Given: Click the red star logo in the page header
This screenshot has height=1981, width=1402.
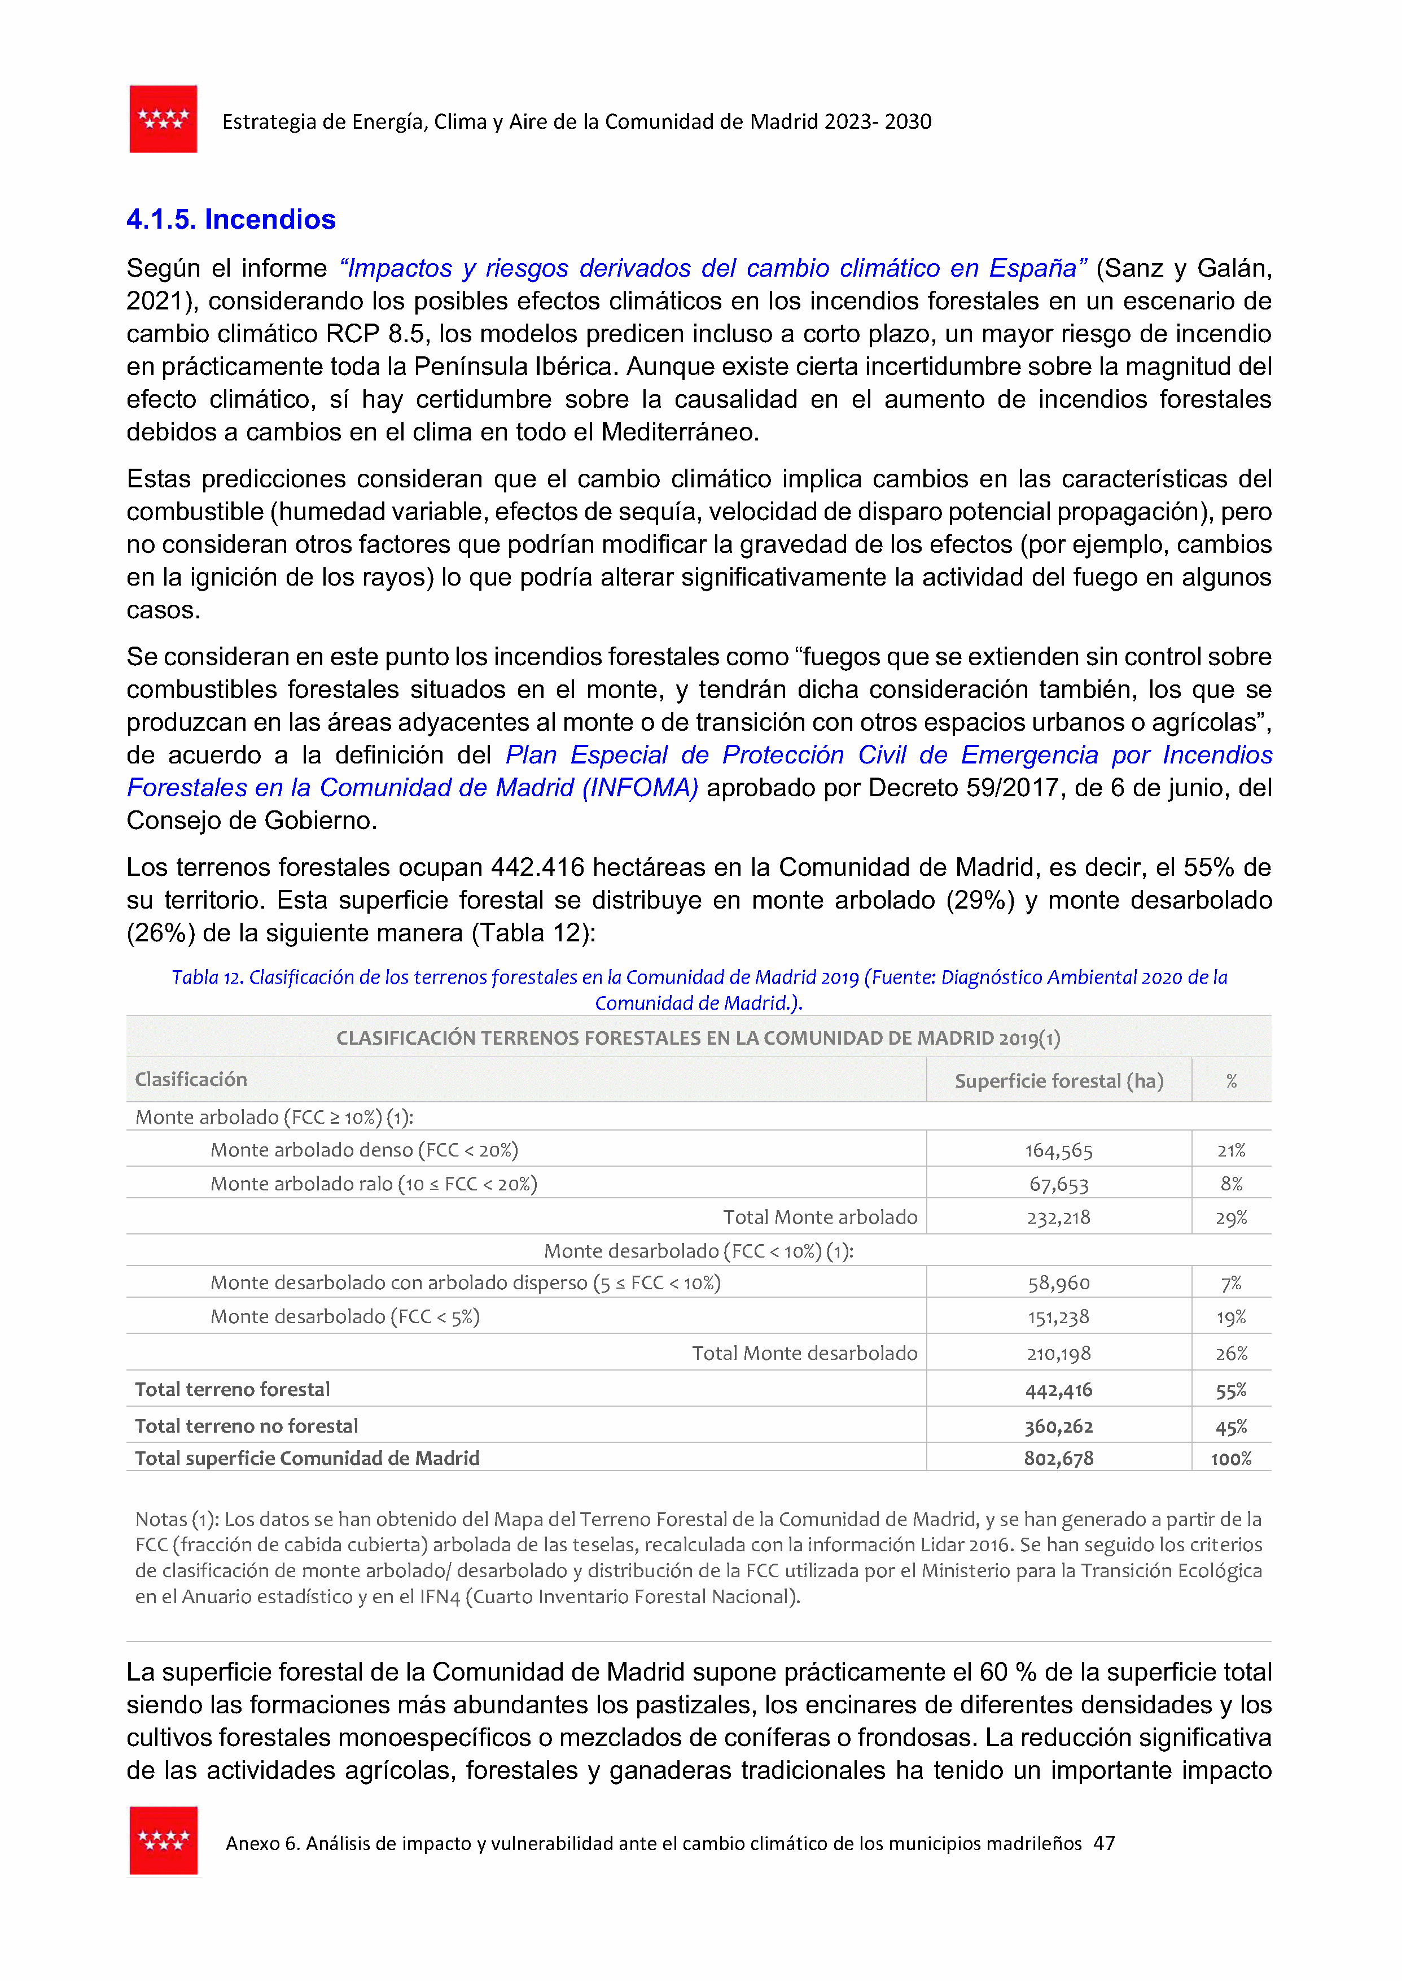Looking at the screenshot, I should click(x=163, y=119).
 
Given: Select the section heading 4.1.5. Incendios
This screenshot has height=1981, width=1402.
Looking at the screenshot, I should click(x=230, y=219).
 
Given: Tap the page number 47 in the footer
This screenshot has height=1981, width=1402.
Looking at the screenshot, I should click(x=1103, y=1843).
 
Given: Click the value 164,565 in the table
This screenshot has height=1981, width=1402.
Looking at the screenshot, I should click(x=1058, y=1150).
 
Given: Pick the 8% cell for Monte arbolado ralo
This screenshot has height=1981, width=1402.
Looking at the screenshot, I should click(x=1231, y=1184).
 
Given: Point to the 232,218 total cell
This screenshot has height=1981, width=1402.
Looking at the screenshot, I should click(x=1058, y=1218).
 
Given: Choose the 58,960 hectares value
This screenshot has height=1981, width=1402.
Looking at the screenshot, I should click(x=1058, y=1283).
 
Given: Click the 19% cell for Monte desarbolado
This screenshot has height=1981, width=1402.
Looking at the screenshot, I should click(x=1231, y=1317).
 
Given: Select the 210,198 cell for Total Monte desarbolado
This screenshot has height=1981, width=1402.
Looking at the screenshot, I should click(x=1058, y=1353).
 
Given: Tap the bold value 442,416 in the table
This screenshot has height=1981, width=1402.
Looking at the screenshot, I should click(x=1058, y=1389).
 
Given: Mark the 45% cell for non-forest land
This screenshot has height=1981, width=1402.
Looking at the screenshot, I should click(x=1231, y=1426).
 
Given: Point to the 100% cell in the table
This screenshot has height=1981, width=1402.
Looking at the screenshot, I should click(x=1231, y=1459).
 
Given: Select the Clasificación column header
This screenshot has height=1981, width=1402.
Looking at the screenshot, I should click(x=191, y=1080).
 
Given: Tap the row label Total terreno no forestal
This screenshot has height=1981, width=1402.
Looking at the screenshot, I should click(x=246, y=1426).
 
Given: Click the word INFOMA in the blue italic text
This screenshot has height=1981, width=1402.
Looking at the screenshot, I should click(x=639, y=788).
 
